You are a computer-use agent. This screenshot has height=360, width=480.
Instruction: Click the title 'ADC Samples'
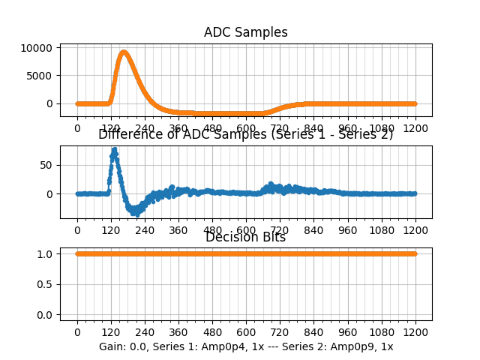[245, 32]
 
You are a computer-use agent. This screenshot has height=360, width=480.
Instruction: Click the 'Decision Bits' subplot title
[245, 238]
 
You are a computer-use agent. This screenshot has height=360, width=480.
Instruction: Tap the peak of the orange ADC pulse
[124, 52]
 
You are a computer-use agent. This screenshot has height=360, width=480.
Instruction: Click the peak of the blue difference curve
[114, 149]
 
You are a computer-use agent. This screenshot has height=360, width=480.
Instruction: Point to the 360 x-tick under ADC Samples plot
[178, 128]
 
